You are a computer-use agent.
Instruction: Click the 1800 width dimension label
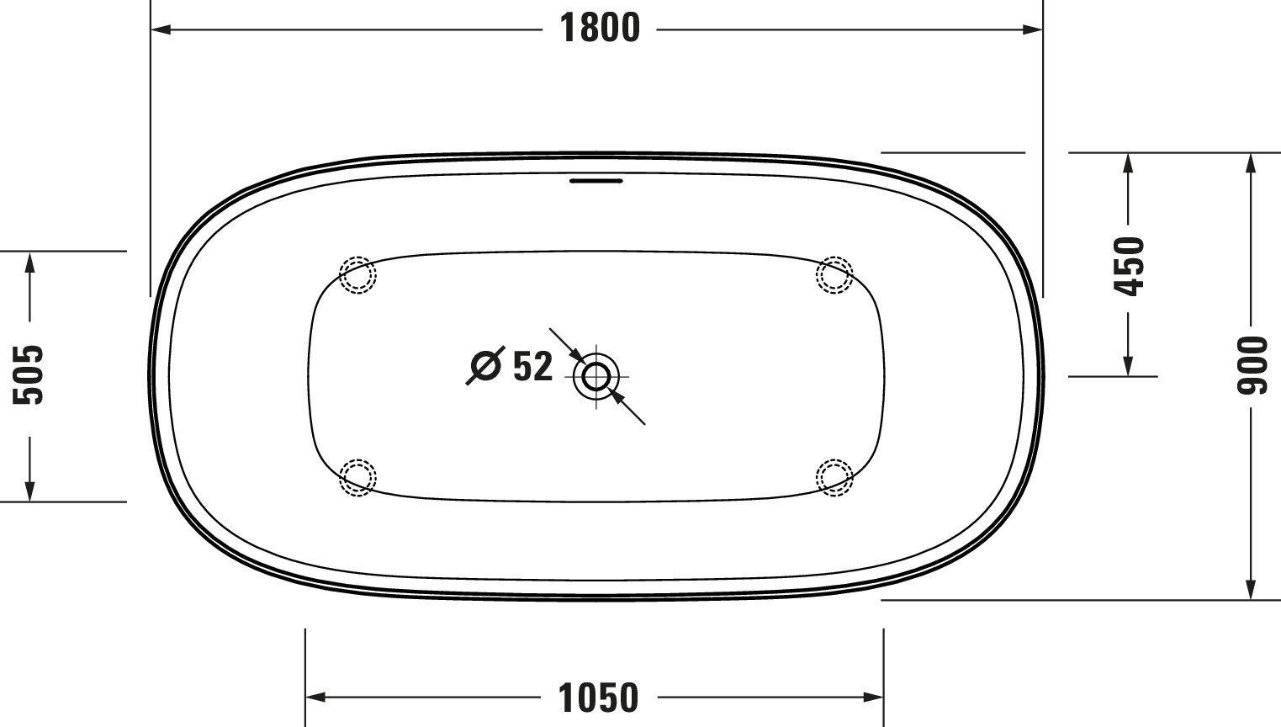click(600, 29)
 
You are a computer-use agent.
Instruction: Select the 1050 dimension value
click(598, 698)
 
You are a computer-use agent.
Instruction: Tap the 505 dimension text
click(29, 375)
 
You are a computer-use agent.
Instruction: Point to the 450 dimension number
click(1129, 267)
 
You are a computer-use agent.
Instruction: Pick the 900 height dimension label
click(1252, 365)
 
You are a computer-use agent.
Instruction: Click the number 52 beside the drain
click(533, 366)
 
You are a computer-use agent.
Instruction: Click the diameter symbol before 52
click(485, 365)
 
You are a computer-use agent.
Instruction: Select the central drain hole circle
click(596, 376)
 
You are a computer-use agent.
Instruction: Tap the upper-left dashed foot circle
click(357, 275)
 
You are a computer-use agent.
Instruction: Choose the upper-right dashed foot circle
click(834, 275)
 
